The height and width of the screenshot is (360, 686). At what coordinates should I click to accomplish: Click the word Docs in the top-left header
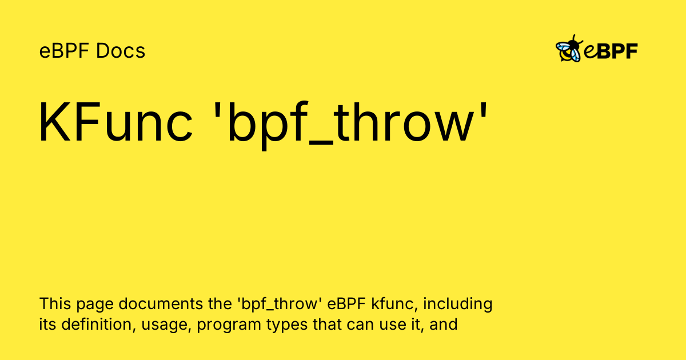click(x=121, y=51)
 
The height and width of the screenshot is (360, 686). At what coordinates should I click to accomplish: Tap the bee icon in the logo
click(x=569, y=49)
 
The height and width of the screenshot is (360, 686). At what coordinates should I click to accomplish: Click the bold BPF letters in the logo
click(x=617, y=51)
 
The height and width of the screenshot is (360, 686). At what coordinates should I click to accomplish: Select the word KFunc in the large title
click(x=115, y=122)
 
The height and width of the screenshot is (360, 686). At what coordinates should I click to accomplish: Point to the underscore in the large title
click(x=321, y=142)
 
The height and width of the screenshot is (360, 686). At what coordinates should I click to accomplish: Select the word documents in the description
click(x=161, y=303)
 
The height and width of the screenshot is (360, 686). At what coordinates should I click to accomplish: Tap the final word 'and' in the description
click(x=444, y=325)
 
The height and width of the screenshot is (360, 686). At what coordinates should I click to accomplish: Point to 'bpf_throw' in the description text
click(x=280, y=304)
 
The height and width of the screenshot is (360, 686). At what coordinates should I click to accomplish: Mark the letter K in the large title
click(x=53, y=122)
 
